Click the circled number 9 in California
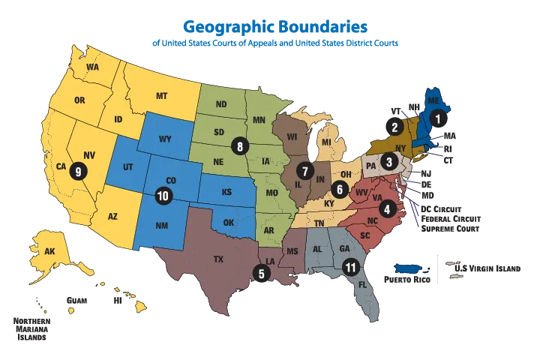[x=76, y=171]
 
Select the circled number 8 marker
[x=239, y=145]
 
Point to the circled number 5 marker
[x=260, y=273]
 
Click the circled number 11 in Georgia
[x=349, y=266]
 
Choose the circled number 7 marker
[x=304, y=170]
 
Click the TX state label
[x=218, y=260]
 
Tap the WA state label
[x=93, y=67]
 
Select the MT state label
[x=160, y=96]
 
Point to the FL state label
[x=363, y=285]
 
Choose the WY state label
[x=166, y=139]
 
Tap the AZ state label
[x=113, y=216]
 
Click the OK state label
[x=229, y=223]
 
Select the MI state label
[x=327, y=142]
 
